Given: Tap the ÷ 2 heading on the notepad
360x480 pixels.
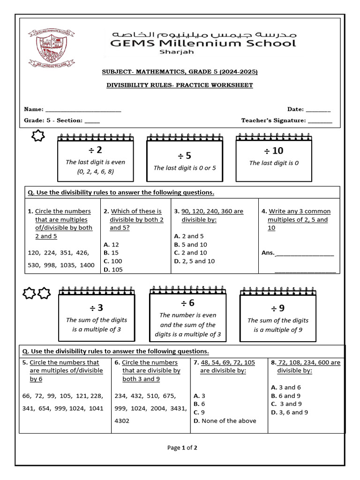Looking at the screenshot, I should coord(96,150).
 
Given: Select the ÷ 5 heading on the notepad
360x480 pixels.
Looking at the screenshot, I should coord(185,156).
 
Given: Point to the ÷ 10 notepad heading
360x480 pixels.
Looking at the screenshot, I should coord(274,150).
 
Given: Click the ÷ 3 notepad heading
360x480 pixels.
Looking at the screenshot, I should coord(97,308).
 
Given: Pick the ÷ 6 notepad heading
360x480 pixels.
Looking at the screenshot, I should coord(187,303).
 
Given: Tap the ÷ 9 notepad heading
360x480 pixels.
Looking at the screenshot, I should coord(277,308).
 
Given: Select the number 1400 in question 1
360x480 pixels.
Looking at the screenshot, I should coord(87,265).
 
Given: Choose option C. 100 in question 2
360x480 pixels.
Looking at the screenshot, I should coord(113,261).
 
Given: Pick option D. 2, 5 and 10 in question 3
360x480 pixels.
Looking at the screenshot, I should coord(195,261).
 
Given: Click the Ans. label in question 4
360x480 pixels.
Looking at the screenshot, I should coord(268,253).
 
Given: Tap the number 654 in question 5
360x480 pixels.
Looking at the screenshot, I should coord(46,408).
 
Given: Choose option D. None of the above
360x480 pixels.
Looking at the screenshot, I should coord(225,420).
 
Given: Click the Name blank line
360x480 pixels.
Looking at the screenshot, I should coord(83,110).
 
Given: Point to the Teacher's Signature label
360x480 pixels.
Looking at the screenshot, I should coord(273,120).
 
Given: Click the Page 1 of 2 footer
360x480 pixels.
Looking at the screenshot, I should coord(182,448).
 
